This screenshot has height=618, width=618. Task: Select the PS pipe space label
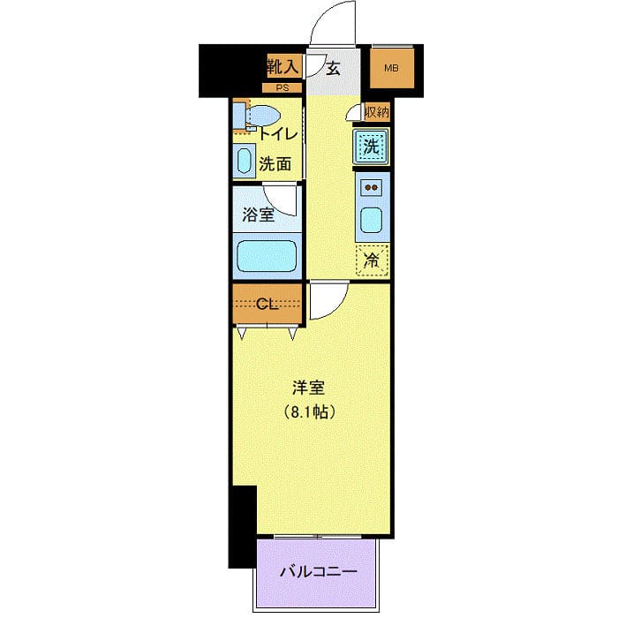(x=283, y=87)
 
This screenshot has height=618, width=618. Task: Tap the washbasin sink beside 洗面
(x=245, y=162)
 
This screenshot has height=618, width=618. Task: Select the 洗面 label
(x=275, y=163)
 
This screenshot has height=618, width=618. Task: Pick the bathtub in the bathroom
(x=268, y=256)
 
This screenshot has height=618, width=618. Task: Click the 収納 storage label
(x=376, y=112)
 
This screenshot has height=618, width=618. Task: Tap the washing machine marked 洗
(x=373, y=147)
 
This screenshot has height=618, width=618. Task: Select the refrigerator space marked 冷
(x=373, y=260)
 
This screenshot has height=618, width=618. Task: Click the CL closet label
(x=267, y=305)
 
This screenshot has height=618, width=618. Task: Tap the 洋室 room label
(x=309, y=386)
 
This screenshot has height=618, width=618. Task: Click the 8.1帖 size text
(x=309, y=411)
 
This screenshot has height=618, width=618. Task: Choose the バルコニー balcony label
(x=319, y=571)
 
